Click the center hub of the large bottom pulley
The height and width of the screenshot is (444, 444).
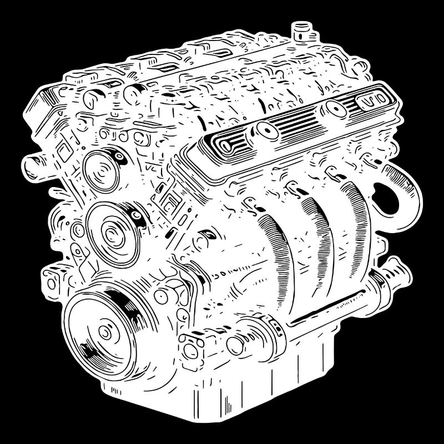[105, 333]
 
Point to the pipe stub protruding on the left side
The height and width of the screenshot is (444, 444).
[34, 163]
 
